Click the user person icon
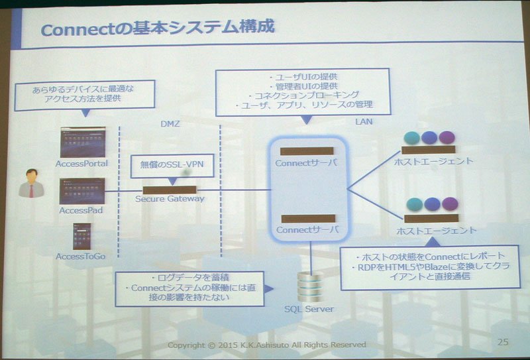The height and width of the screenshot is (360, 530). coord(31,183)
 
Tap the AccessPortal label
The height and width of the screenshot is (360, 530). coord(81,164)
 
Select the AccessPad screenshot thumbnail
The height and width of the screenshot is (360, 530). coord(82,191)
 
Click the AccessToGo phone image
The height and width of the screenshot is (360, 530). coord(81,236)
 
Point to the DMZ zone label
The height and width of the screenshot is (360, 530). coord(170,124)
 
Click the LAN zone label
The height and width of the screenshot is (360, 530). coord(364,121)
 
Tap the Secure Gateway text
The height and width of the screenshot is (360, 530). coord(170,199)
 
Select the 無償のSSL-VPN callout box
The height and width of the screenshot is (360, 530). coord(172,166)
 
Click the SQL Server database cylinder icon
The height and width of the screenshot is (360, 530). coord(310,286)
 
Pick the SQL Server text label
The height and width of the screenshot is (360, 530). coord(309,309)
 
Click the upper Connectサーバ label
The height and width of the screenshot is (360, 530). coord(306,163)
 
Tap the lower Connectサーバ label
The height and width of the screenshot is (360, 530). coord(307,230)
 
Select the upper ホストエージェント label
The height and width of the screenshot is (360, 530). coord(434,161)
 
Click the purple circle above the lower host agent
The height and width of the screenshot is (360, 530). coord(450,204)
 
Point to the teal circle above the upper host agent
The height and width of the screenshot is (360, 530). coord(411,138)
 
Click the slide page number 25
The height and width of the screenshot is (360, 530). coord(503,341)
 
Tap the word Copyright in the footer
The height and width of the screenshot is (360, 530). coord(187,345)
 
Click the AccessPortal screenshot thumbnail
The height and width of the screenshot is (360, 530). coord(83,142)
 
